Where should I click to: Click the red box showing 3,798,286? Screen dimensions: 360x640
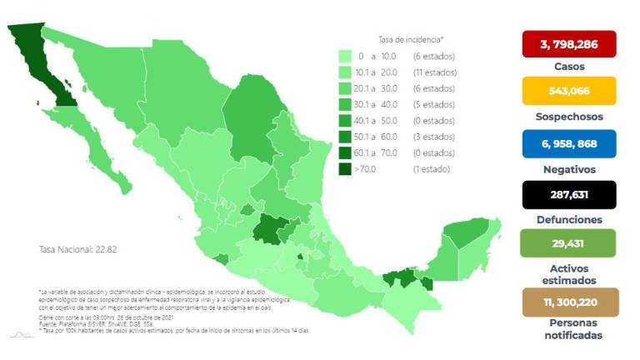568,43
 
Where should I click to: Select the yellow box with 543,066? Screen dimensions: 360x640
568,90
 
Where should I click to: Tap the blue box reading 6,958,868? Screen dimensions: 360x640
568,143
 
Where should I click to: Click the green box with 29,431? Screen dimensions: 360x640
568,242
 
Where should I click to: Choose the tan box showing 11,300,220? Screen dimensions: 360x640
568,302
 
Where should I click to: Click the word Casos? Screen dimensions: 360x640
568,67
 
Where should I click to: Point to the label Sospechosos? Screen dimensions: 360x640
568,117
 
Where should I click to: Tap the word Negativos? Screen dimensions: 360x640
568,169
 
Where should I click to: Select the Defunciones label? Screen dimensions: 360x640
568,220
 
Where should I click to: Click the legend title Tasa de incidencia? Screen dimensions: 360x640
411,39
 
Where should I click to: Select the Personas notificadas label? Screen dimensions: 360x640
568,330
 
